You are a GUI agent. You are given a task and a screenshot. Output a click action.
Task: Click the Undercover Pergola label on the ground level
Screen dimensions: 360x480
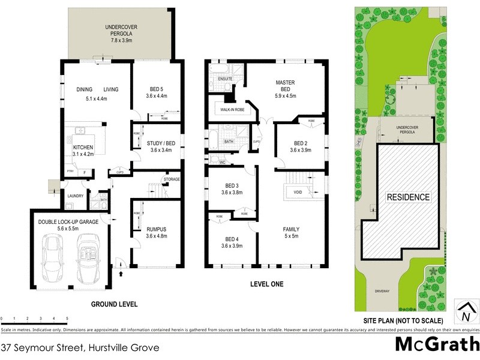pyautogui.click(x=118, y=34)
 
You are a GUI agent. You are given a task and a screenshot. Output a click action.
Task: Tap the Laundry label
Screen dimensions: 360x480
pyautogui.click(x=75, y=196)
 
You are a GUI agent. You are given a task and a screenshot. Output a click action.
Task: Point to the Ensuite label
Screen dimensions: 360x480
pyautogui.click(x=225, y=79)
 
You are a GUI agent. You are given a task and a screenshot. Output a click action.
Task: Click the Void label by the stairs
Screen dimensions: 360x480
pyautogui.click(x=298, y=192)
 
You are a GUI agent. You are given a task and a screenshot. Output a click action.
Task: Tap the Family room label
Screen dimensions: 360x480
pyautogui.click(x=292, y=233)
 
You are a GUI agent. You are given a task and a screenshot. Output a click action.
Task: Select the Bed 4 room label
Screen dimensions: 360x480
pyautogui.click(x=232, y=242)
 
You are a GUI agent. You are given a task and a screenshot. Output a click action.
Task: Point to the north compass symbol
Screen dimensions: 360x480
pyautogui.click(x=466, y=311)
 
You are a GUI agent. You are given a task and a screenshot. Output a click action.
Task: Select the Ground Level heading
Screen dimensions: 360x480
pyautogui.click(x=114, y=304)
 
